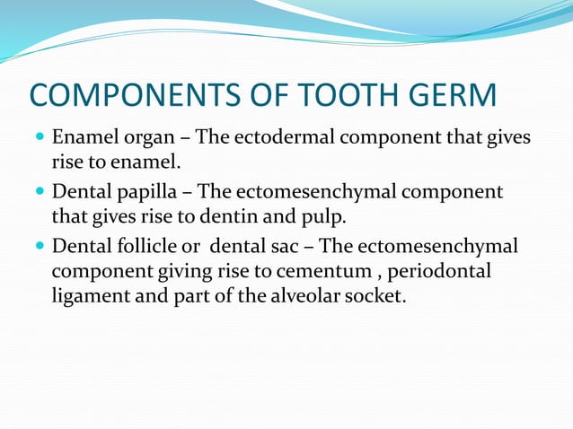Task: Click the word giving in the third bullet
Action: [173, 271]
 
